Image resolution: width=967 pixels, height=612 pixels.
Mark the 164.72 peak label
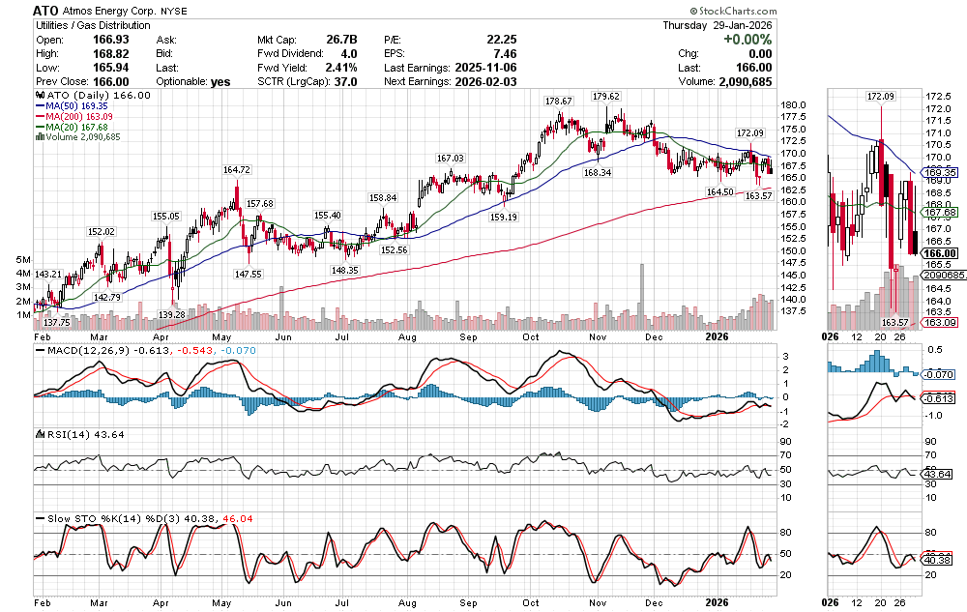click(x=236, y=170)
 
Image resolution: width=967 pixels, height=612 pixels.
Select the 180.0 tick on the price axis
click(x=792, y=105)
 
